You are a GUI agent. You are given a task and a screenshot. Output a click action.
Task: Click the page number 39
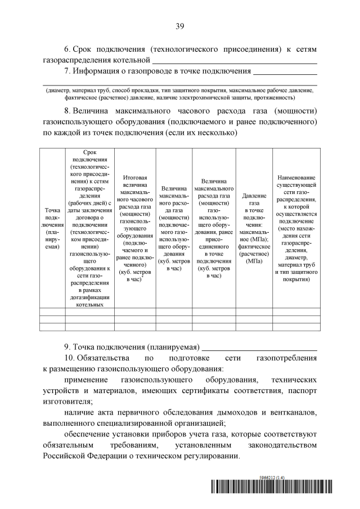[x=180, y=26]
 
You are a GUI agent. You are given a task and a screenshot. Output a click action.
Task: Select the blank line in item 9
[x=259, y=347]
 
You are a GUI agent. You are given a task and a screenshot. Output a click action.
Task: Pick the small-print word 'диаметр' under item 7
[x=58, y=90]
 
